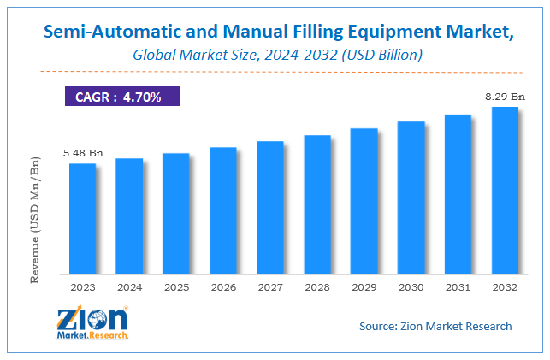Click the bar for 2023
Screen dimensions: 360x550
82,219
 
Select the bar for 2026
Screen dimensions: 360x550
223,211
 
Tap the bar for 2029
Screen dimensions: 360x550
364,202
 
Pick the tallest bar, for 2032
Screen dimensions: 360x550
505,191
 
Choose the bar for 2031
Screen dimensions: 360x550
458,195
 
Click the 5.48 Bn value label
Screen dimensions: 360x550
82,153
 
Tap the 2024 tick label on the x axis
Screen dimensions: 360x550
129,287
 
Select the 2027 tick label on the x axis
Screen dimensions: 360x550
270,287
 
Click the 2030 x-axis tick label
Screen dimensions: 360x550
411,287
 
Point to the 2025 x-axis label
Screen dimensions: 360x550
176,287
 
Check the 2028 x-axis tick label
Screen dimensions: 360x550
316,287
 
